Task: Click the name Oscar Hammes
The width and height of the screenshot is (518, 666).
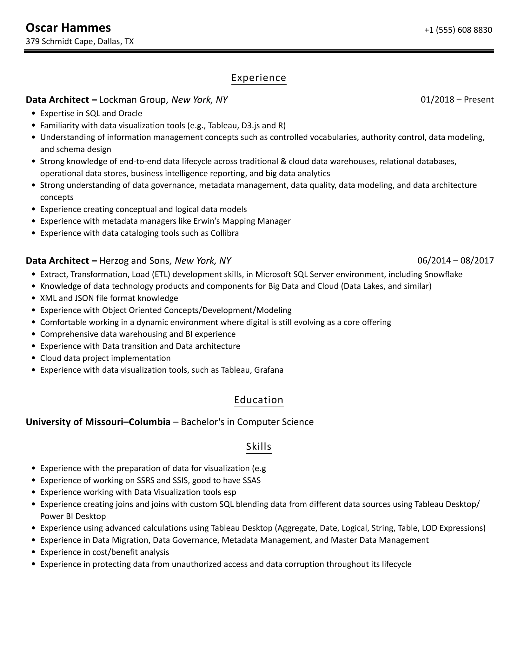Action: pos(68,28)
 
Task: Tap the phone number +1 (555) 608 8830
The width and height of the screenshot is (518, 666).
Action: pos(458,30)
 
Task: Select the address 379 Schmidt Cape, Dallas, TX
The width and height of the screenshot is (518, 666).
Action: pos(80,41)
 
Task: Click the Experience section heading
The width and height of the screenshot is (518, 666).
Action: pos(259,78)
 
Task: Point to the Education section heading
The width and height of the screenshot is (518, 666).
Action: pos(259,400)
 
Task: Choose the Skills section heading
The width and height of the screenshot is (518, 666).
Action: pos(259,446)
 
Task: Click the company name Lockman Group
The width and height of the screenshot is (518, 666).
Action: pos(132,100)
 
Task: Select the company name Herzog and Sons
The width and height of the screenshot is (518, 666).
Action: pos(134,261)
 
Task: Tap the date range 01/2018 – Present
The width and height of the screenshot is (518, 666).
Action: pos(457,100)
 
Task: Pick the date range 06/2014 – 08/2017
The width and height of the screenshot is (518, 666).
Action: pos(455,261)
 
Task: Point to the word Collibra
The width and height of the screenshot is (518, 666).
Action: pos(224,233)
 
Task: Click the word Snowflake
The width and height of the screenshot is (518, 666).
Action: pos(443,274)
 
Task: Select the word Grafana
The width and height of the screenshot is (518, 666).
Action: pos(269,370)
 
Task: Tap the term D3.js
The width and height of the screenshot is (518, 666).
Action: pos(250,125)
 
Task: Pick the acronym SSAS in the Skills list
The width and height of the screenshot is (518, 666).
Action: pos(251,480)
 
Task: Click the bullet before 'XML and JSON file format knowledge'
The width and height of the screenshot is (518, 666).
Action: pos(34,298)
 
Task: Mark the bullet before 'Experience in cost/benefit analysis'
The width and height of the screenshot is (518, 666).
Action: pos(34,552)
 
